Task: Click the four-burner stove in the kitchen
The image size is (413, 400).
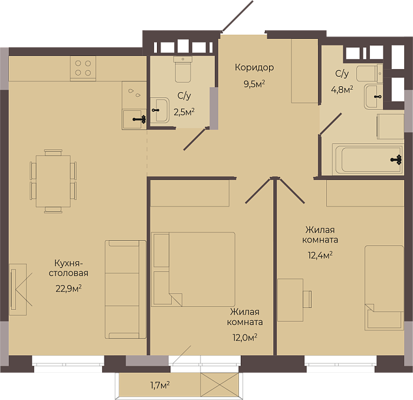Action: [83, 68]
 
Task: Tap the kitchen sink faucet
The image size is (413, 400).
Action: [140, 119]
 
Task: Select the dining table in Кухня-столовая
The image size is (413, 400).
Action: [53, 181]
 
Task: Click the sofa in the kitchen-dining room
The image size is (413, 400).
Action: [125, 289]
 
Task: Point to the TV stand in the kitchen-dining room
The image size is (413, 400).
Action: [18, 290]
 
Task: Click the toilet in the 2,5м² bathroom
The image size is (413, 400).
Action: [183, 69]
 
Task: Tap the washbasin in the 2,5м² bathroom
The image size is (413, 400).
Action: [160, 110]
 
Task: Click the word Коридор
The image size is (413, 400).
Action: [254, 67]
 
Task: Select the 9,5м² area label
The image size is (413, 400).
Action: [254, 84]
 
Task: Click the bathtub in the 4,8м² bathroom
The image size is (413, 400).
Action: [368, 159]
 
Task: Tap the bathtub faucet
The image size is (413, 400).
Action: [396, 159]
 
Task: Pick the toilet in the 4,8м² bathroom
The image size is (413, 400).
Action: [369, 74]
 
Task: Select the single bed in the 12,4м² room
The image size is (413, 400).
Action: [384, 288]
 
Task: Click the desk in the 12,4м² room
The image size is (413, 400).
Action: [290, 300]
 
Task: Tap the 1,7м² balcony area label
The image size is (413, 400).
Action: [160, 385]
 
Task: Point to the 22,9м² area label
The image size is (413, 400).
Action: [68, 288]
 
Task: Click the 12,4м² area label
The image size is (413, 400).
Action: [320, 255]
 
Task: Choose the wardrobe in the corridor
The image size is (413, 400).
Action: [304, 71]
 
